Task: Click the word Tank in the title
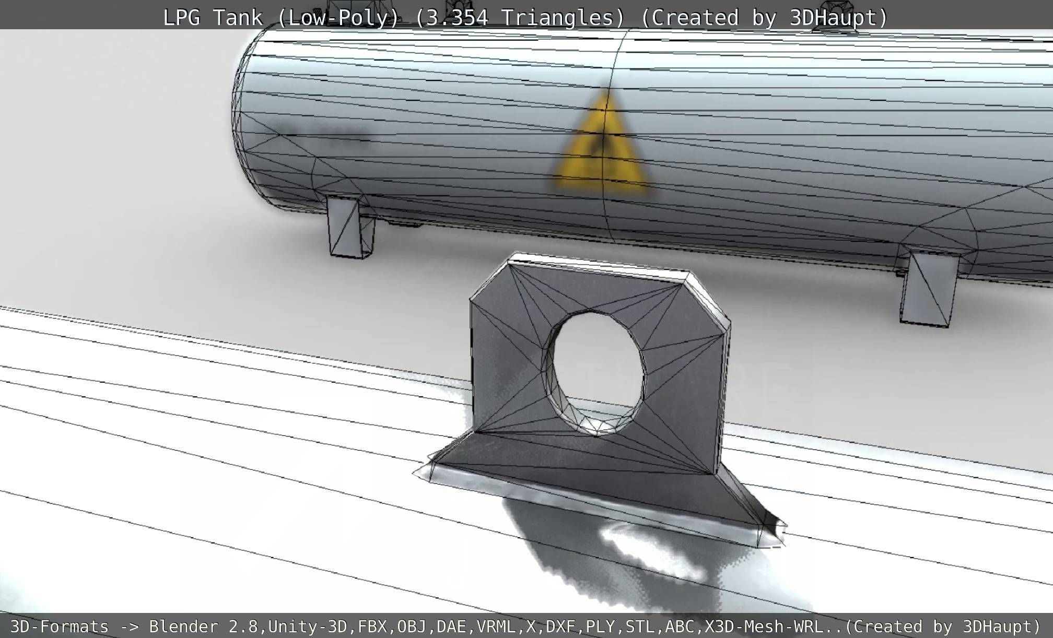click(238, 18)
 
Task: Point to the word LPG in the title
click(182, 18)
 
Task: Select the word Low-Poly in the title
click(338, 18)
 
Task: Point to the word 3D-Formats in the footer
click(60, 627)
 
